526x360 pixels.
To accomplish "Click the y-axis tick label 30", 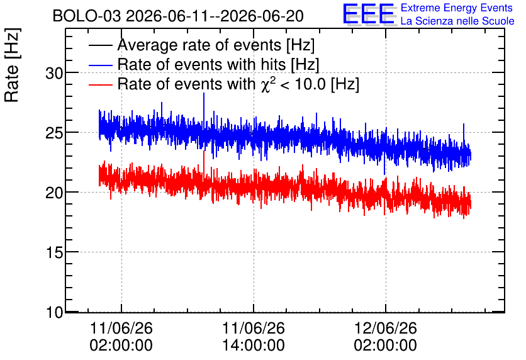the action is pyautogui.click(x=54, y=73).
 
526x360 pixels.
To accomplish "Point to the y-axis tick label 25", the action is pyautogui.click(x=54, y=133).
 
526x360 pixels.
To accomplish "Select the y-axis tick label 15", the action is pyautogui.click(x=54, y=252).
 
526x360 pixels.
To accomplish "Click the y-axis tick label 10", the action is pyautogui.click(x=54, y=312).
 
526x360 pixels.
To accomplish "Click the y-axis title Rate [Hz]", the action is pyautogui.click(x=12, y=65).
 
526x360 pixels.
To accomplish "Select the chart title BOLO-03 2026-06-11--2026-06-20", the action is pyautogui.click(x=178, y=16).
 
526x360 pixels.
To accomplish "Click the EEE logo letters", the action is pyautogui.click(x=368, y=14).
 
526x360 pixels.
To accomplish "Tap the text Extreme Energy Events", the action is pyautogui.click(x=457, y=8).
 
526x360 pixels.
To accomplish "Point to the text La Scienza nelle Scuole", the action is pyautogui.click(x=457, y=21).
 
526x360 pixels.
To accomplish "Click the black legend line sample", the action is pyautogui.click(x=101, y=45).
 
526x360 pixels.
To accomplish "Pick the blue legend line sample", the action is pyautogui.click(x=101, y=65).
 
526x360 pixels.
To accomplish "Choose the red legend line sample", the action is pyautogui.click(x=101, y=84).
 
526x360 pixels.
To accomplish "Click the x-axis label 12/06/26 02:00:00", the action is pyautogui.click(x=386, y=337).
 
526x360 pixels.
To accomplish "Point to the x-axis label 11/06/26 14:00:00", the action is pyautogui.click(x=254, y=337).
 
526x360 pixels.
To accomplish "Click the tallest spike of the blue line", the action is pyautogui.click(x=204, y=93).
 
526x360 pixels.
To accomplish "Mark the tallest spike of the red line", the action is pyautogui.click(x=204, y=152).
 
